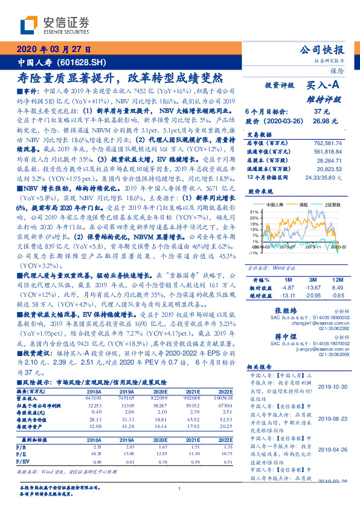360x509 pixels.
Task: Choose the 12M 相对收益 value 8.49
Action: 337,288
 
